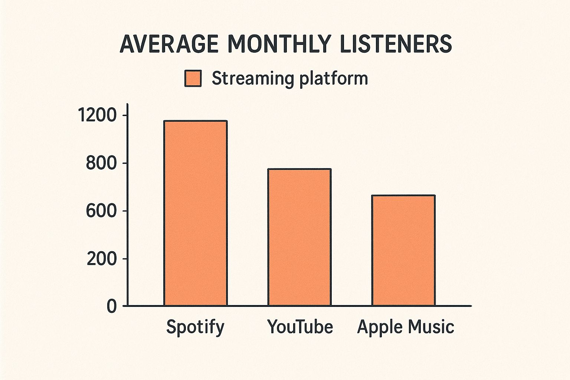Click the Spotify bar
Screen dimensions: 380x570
click(x=196, y=213)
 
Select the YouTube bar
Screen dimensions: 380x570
click(x=299, y=237)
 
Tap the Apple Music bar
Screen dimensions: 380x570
click(x=403, y=250)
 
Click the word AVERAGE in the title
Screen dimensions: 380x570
click(x=169, y=44)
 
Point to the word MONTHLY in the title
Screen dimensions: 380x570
click(x=278, y=44)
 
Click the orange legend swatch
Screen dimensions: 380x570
click(x=193, y=79)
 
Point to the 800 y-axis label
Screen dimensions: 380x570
click(x=101, y=163)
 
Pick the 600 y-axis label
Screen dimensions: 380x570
click(x=101, y=211)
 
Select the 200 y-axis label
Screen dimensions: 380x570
click(x=102, y=259)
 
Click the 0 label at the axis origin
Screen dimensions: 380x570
click(x=112, y=307)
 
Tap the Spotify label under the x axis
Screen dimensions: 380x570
click(x=195, y=327)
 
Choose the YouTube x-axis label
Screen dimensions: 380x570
click(x=300, y=327)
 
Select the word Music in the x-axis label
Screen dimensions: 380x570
click(x=431, y=327)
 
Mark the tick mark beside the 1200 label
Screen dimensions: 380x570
click(x=124, y=115)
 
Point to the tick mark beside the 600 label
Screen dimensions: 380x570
click(x=124, y=211)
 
